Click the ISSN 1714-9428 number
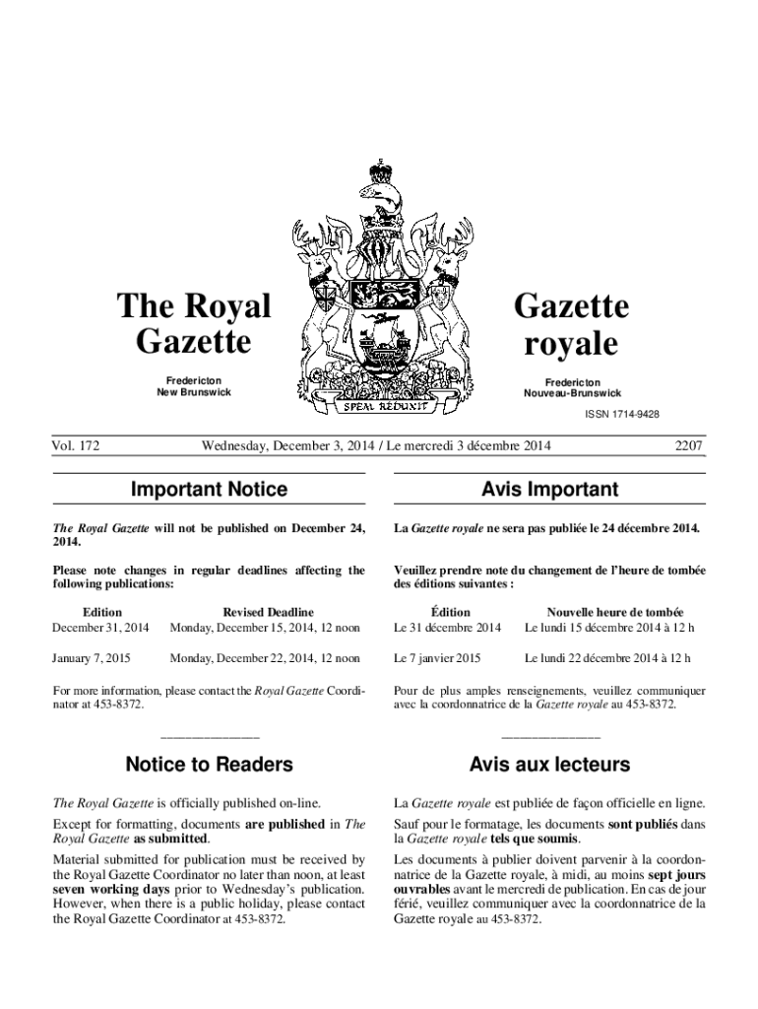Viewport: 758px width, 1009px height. [x=620, y=414]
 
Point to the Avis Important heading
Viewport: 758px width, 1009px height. [x=549, y=490]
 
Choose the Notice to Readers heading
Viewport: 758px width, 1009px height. [x=210, y=765]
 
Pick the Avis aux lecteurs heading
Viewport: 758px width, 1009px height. [x=549, y=765]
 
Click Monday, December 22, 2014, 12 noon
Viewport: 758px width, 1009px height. [x=265, y=658]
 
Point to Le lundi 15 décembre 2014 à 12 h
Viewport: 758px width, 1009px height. [x=608, y=627]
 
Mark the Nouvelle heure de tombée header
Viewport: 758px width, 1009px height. [x=615, y=612]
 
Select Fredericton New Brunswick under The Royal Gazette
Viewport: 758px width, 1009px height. [x=193, y=386]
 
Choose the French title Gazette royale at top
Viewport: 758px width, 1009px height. [x=572, y=325]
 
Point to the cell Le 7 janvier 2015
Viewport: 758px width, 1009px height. [x=437, y=658]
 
